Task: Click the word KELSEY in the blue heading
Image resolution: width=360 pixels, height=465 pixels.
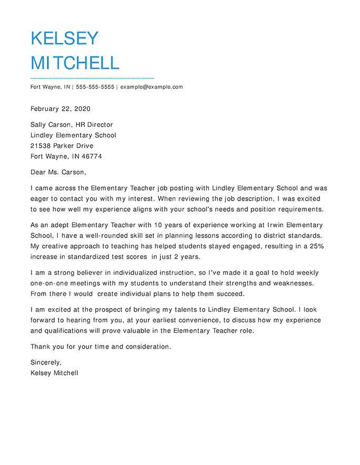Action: point(64,38)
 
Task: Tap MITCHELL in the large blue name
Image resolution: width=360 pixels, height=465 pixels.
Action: point(75,63)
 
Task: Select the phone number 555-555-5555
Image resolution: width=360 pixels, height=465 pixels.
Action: point(95,87)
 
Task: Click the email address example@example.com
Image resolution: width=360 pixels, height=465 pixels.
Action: point(152,87)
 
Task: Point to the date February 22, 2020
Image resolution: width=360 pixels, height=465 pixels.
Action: point(61,109)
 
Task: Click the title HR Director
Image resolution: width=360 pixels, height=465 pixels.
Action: point(95,125)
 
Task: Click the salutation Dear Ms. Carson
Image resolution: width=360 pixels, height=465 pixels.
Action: point(58,172)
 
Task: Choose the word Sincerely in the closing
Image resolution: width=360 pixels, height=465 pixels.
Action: point(46,362)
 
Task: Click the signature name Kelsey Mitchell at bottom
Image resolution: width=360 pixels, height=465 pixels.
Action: point(54,373)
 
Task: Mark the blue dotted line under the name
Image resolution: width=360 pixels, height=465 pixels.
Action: point(92,78)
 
